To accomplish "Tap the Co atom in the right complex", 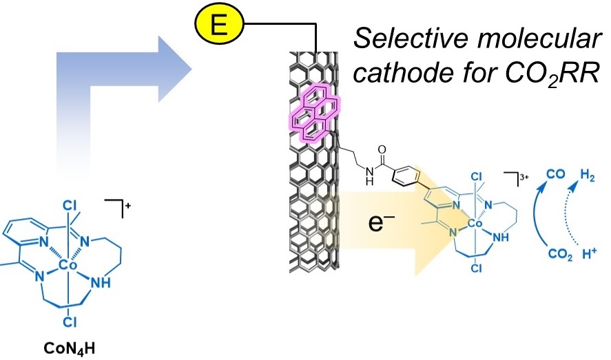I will click(473, 224).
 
